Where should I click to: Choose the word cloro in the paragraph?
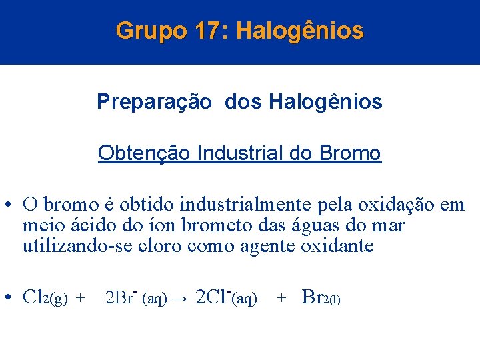(x=161, y=246)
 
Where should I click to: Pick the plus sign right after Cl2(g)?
(x=81, y=299)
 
